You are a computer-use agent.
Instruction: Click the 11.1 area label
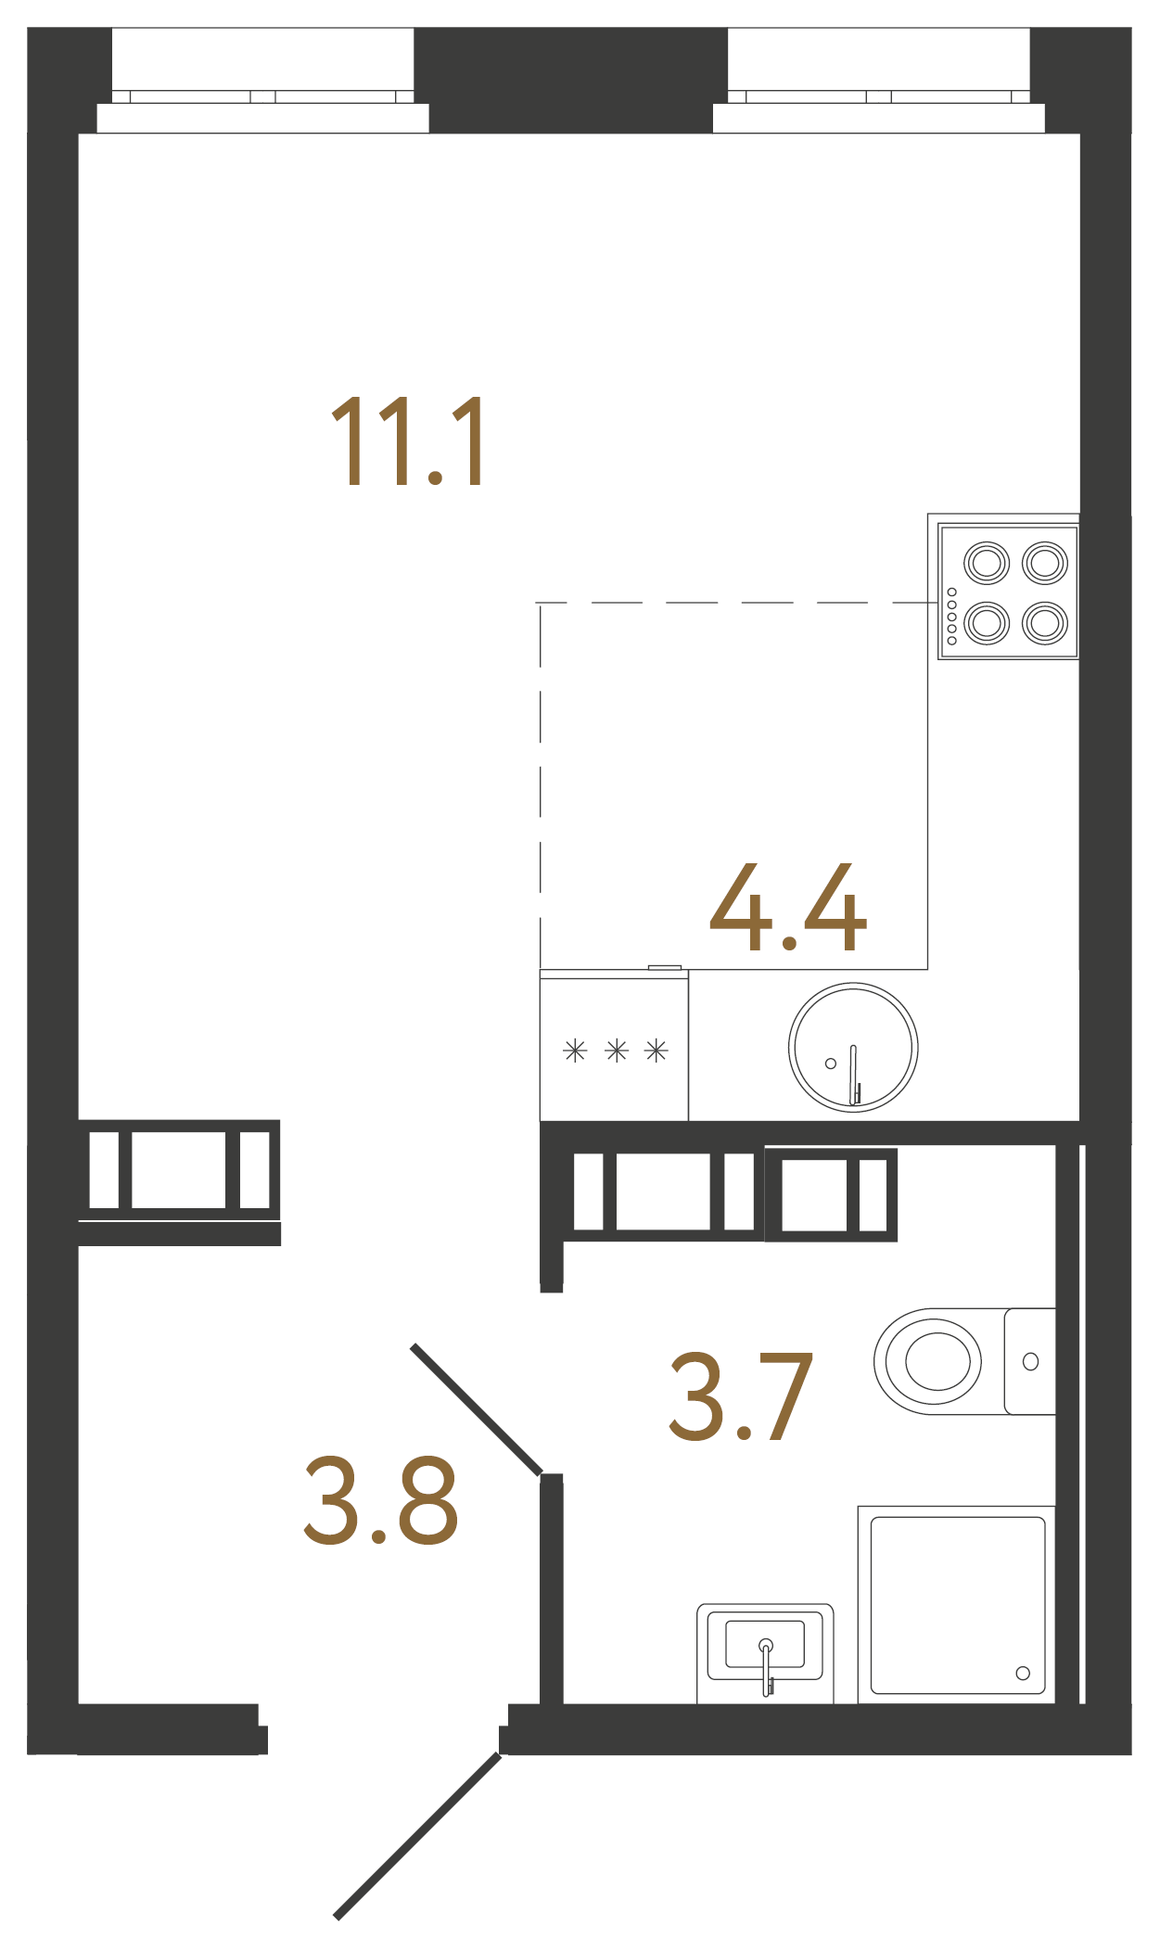pyautogui.click(x=408, y=441)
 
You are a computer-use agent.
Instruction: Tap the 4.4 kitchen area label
pyautogui.click(x=788, y=909)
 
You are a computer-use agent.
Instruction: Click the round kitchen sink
pyautogui.click(x=853, y=1047)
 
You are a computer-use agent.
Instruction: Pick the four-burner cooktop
pyautogui.click(x=1008, y=592)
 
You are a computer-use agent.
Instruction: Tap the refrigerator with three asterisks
pyautogui.click(x=614, y=1048)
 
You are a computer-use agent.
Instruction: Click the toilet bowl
pyautogui.click(x=932, y=1361)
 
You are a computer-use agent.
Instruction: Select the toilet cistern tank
pyautogui.click(x=1030, y=1361)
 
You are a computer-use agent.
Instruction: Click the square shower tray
pyautogui.click(x=957, y=1605)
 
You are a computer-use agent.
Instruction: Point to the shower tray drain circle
pyautogui.click(x=1023, y=1673)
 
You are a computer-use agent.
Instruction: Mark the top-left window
pyautogui.click(x=262, y=79)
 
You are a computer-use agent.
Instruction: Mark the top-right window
pyautogui.click(x=878, y=79)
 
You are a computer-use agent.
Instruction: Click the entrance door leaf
pyautogui.click(x=418, y=1836)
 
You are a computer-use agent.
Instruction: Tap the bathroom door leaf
pyautogui.click(x=477, y=1409)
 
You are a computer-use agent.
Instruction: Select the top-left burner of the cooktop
pyautogui.click(x=986, y=563)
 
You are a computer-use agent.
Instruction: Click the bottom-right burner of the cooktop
pyautogui.click(x=1045, y=622)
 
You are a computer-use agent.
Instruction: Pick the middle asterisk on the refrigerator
pyautogui.click(x=617, y=1051)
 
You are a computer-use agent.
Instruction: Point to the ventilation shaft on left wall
pyautogui.click(x=179, y=1170)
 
